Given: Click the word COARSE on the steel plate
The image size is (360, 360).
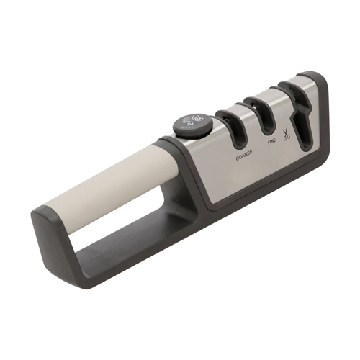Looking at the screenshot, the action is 244,157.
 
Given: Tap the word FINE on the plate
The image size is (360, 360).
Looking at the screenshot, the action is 272,142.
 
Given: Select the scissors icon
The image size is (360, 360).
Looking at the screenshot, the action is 286,135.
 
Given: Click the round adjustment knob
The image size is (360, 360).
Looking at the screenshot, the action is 193,126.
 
